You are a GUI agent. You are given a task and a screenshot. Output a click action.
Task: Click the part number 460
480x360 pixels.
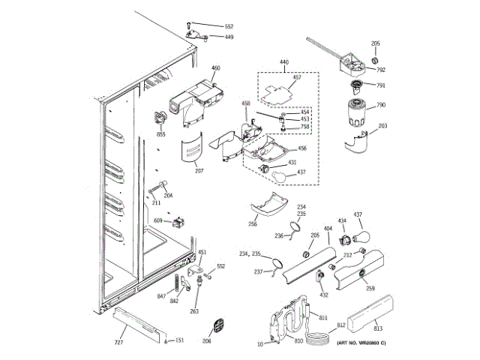point(216,68)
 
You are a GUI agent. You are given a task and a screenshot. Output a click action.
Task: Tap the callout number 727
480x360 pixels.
point(118,342)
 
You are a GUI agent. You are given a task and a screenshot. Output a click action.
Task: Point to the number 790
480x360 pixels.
point(381,105)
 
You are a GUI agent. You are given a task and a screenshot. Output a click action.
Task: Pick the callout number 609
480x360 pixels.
point(158,220)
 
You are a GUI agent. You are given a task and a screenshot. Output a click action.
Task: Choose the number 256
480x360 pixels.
point(253,223)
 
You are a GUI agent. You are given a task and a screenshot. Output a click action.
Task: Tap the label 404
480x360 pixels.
point(327,227)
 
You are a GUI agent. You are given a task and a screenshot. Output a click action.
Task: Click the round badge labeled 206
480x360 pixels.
point(217,325)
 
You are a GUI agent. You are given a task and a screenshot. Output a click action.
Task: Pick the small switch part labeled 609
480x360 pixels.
point(178,220)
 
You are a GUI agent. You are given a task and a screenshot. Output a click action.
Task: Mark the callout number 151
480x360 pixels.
point(179,341)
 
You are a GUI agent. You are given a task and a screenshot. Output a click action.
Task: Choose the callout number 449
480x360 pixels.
point(229,37)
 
